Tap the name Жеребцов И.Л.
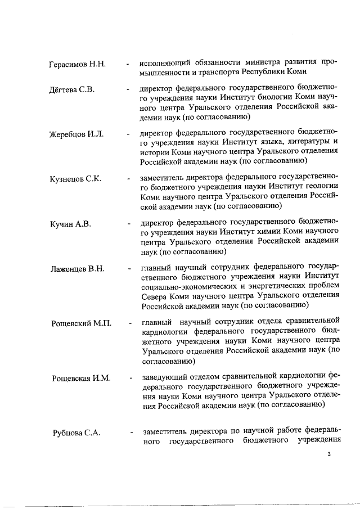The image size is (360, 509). tap(78, 134)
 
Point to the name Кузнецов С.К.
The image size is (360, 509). tap(76, 179)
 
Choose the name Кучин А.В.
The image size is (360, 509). tap(70, 224)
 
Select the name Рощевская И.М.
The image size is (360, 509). tap(80, 378)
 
